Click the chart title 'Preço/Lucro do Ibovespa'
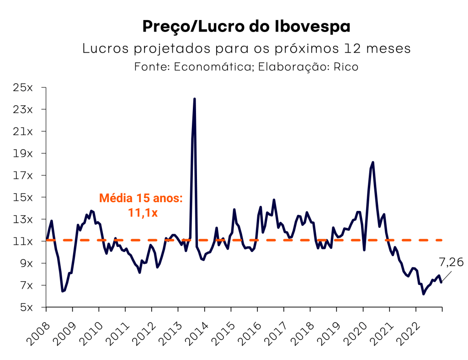tap(246, 27)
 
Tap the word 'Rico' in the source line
tap(346, 67)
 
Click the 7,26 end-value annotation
tap(451, 263)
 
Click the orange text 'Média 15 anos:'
tap(141, 199)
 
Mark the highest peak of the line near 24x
tap(195, 99)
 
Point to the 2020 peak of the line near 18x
tap(373, 162)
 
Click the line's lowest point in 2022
tap(423, 294)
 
